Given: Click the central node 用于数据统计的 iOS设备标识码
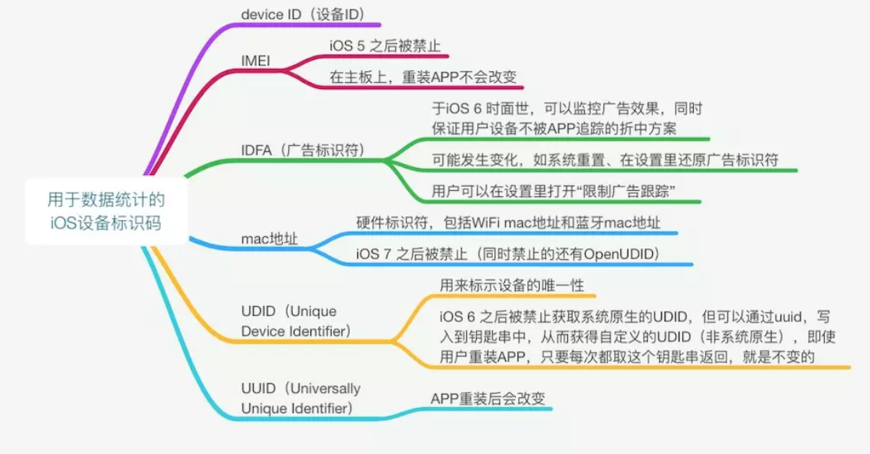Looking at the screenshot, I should point(106,212).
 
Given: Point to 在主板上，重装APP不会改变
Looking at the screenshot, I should point(423,77).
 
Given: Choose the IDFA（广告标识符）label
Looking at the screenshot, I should point(302,150).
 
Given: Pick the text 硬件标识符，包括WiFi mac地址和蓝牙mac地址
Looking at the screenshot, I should point(508,222).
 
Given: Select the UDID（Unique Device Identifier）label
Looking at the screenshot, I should point(296,321).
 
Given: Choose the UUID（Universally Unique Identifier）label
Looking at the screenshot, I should point(300,398).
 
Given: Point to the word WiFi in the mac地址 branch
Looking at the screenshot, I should point(488,222).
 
